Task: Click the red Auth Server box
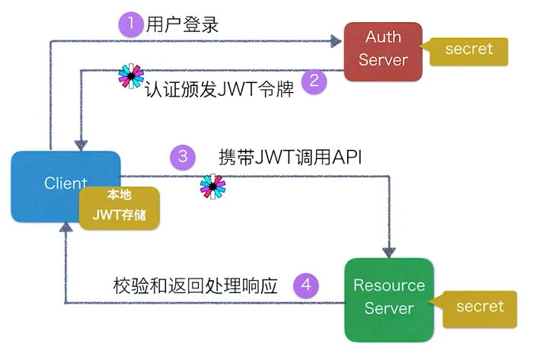coord(383,51)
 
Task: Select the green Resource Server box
coord(389,298)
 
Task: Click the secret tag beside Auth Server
coord(469,49)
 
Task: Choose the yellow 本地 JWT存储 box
coord(120,207)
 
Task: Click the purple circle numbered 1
coord(131,24)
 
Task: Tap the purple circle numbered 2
coord(314,81)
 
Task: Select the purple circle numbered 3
coord(182,158)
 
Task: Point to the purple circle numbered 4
coord(305,285)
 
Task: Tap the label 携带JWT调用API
coord(289,158)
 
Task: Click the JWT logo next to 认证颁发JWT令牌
coord(132,78)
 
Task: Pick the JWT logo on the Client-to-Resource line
coord(213,187)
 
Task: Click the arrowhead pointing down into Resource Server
coord(391,251)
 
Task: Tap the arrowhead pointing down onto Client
coord(81,144)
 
